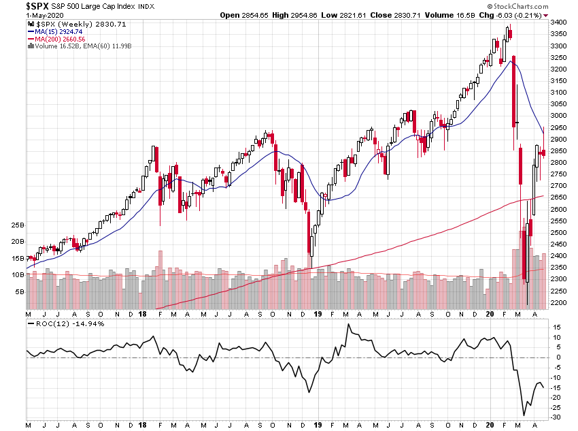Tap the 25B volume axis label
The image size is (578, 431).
(18, 225)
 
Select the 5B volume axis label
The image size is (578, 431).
(20, 291)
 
